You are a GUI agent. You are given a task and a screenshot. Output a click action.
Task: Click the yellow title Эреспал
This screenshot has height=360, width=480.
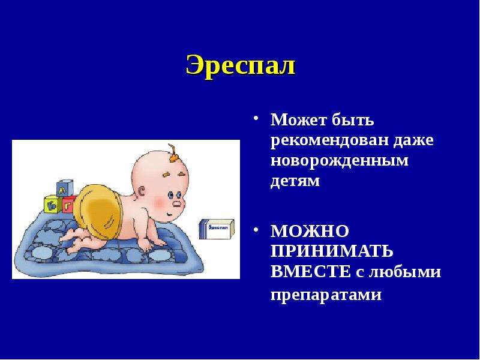pyautogui.click(x=241, y=65)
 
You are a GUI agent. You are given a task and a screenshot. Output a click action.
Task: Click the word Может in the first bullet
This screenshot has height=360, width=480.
pyautogui.click(x=298, y=119)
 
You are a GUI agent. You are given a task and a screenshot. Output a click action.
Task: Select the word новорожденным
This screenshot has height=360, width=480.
pyautogui.click(x=340, y=161)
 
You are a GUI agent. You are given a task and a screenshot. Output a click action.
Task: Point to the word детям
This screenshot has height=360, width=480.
pyautogui.click(x=295, y=181)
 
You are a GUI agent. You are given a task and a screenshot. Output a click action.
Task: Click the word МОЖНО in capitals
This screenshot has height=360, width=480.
pyautogui.click(x=310, y=231)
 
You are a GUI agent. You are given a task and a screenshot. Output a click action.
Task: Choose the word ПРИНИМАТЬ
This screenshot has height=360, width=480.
pyautogui.click(x=332, y=251)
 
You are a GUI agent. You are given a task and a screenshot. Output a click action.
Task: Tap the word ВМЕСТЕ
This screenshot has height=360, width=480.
pyautogui.click(x=311, y=272)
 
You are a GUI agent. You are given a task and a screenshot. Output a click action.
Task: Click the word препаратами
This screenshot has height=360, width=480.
pyautogui.click(x=326, y=295)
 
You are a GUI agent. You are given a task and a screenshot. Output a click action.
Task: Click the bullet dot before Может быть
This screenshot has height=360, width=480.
pyautogui.click(x=256, y=118)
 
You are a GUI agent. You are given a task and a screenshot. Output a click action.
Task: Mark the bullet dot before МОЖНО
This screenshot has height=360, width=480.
pyautogui.click(x=256, y=230)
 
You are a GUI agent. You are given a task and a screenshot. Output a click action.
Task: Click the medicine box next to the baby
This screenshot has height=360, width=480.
pyautogui.click(x=217, y=229)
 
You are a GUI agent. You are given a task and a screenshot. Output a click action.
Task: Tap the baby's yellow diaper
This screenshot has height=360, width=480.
pyautogui.click(x=97, y=208)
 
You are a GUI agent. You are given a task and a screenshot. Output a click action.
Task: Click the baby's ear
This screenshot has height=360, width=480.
pyautogui.click(x=142, y=192)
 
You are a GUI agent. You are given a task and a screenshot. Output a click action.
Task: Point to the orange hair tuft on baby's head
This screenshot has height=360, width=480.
pyautogui.click(x=173, y=153)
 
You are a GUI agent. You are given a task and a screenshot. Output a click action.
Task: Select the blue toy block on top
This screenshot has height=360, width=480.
pyautogui.click(x=65, y=188)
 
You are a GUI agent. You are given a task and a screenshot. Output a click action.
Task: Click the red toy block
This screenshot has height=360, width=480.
pyautogui.click(x=69, y=205)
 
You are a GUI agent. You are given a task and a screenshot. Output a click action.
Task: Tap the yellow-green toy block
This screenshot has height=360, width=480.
pyautogui.click(x=53, y=205)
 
